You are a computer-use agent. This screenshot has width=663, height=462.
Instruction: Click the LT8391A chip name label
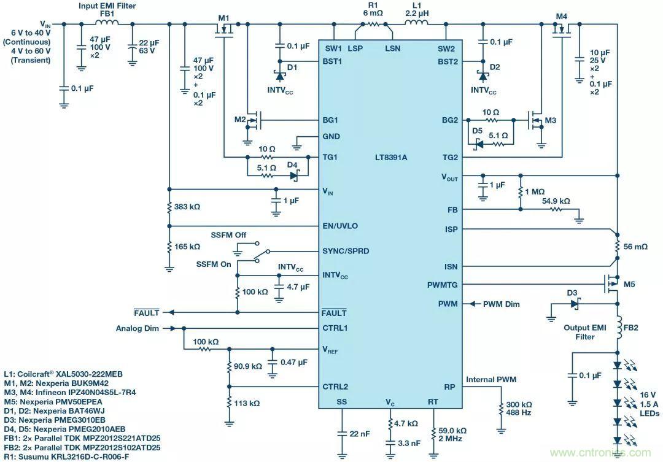coord(390,157)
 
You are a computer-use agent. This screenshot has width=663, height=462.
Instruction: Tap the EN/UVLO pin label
coord(340,226)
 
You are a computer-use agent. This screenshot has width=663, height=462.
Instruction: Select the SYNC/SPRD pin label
coord(346,251)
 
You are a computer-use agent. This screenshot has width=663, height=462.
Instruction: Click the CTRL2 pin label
coord(335,387)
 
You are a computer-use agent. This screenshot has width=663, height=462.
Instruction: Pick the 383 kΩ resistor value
coord(187,208)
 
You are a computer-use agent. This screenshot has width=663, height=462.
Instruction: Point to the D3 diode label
coord(572,294)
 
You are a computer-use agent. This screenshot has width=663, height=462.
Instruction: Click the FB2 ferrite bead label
coord(631,328)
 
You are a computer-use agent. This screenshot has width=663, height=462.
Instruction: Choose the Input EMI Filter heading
coord(107,6)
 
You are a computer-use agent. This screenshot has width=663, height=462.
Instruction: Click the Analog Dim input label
coord(137,328)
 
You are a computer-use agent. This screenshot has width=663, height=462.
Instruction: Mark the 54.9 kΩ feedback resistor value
coord(556,201)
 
